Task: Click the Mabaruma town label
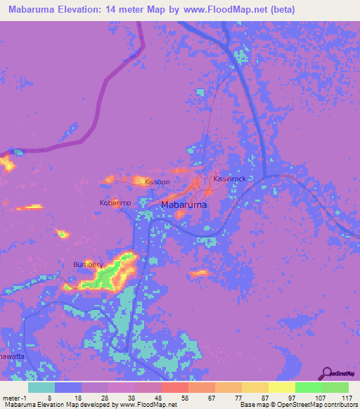click(184, 205)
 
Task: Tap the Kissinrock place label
click(230, 179)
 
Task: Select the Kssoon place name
click(157, 182)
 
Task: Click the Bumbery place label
click(88, 264)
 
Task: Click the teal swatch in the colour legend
click(41, 387)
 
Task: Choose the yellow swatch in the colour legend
click(282, 387)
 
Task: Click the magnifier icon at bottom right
click(326, 372)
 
